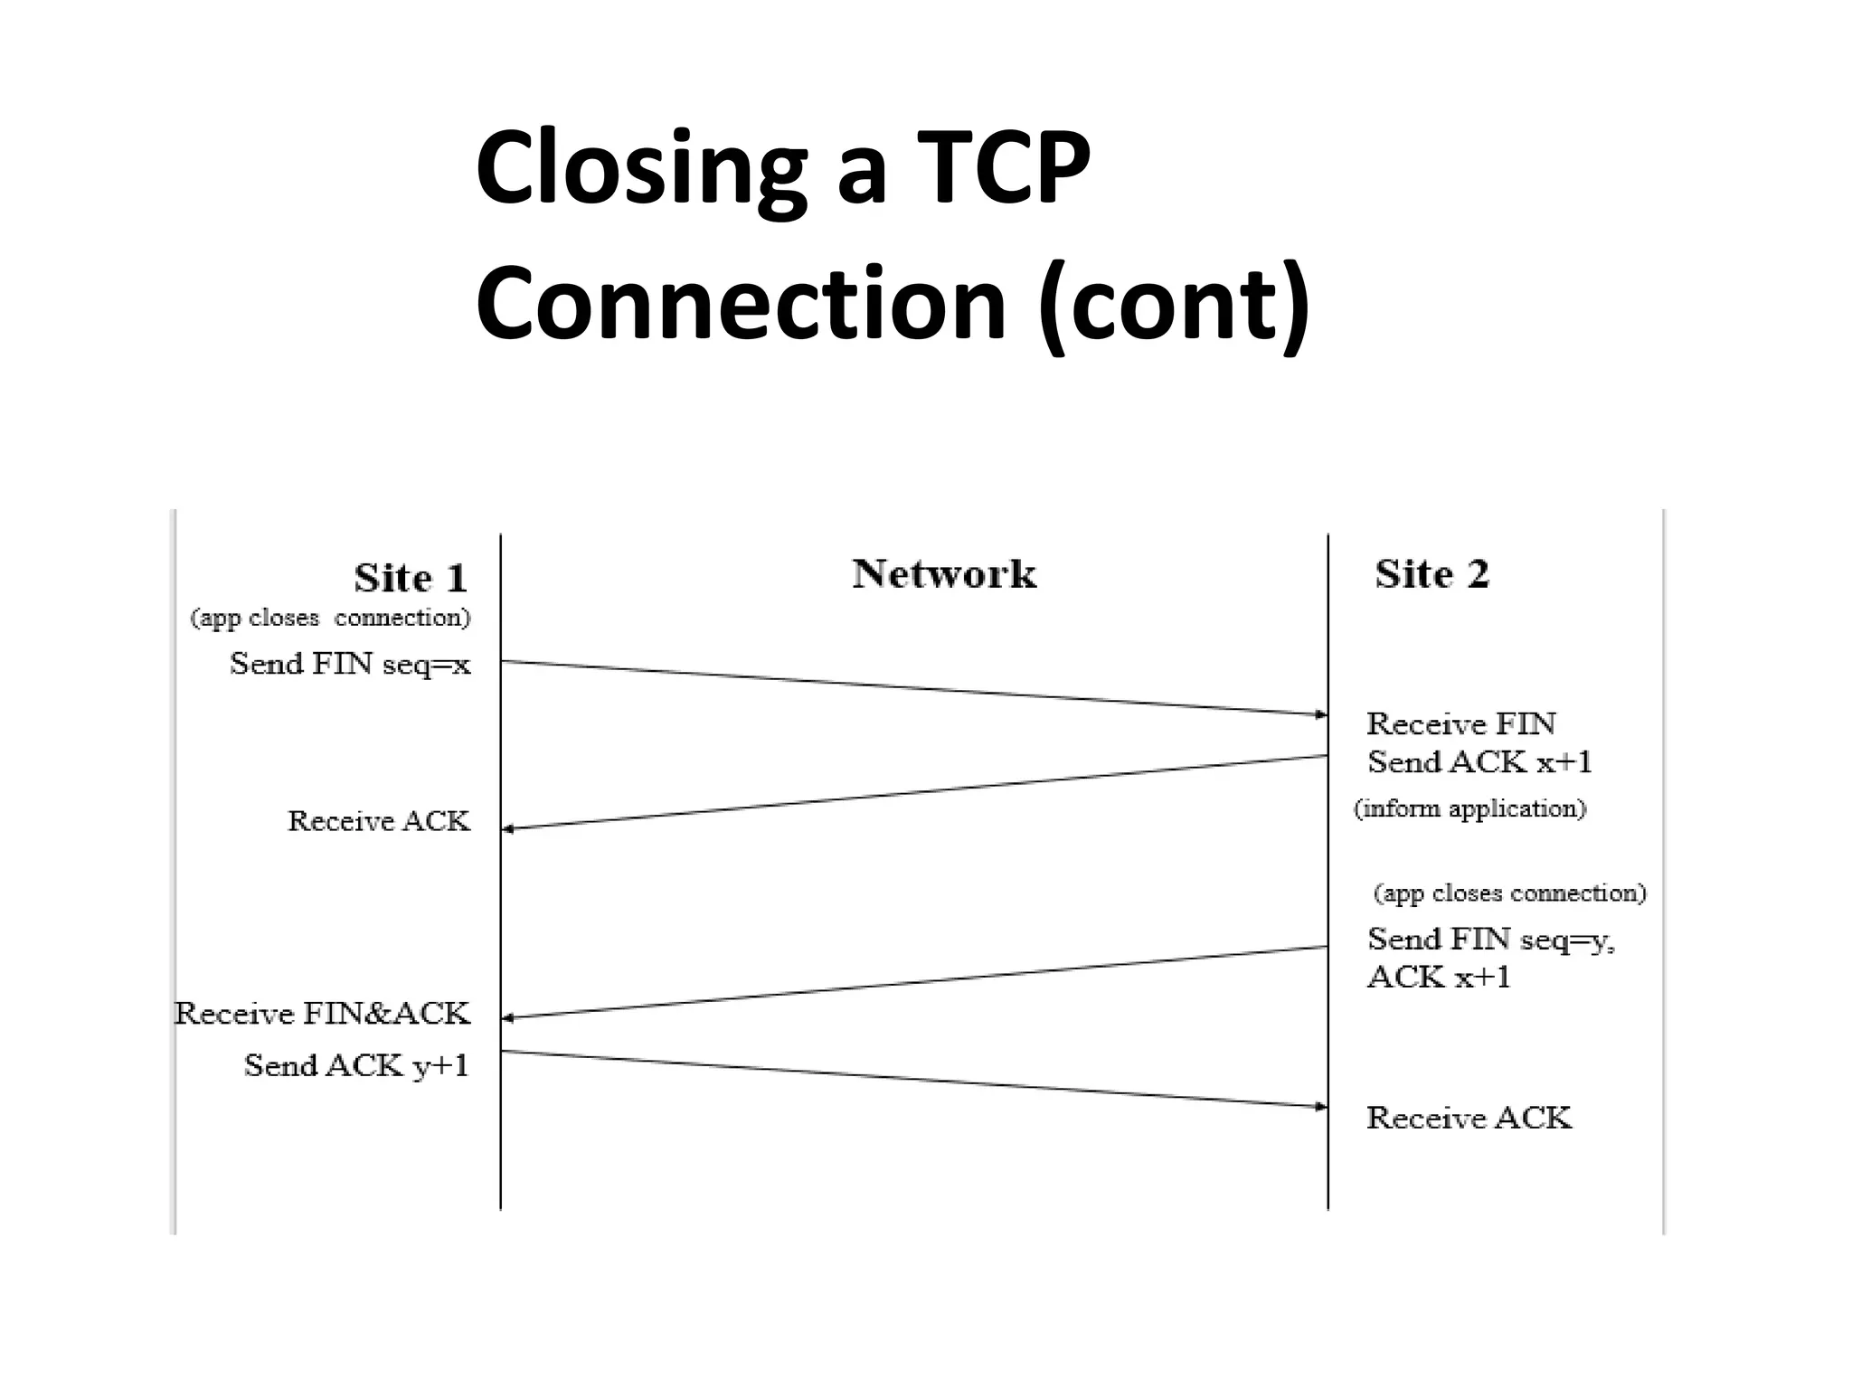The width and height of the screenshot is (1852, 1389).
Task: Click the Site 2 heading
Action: pyautogui.click(x=1432, y=574)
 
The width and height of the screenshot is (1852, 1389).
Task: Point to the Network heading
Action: pyautogui.click(x=944, y=574)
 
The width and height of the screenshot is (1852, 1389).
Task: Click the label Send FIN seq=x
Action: pyautogui.click(x=350, y=665)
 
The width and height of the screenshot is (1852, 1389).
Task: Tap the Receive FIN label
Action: pyautogui.click(x=1460, y=723)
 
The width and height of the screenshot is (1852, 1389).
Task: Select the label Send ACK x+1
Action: pyautogui.click(x=1479, y=762)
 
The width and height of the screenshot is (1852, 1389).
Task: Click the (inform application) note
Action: pyautogui.click(x=1469, y=808)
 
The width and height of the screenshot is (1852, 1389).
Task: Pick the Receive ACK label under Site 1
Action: pyautogui.click(x=379, y=821)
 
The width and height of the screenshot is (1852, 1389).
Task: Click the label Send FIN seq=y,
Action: pyautogui.click(x=1490, y=940)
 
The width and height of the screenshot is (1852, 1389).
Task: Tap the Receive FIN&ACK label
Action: pyautogui.click(x=322, y=1014)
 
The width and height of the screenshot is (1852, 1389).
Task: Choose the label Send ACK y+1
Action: pyautogui.click(x=356, y=1066)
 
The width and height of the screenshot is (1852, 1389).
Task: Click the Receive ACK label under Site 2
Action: pyautogui.click(x=1469, y=1119)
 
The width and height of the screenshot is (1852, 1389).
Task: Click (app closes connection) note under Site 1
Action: pyautogui.click(x=330, y=619)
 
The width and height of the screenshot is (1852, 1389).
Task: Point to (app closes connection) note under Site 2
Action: pyautogui.click(x=1509, y=893)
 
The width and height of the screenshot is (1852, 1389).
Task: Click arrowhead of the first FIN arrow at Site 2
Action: pyautogui.click(x=1321, y=714)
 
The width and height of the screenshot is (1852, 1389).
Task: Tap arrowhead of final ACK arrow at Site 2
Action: pyautogui.click(x=1321, y=1106)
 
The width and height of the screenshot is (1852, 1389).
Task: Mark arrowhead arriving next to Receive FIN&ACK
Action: pyautogui.click(x=508, y=1017)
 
